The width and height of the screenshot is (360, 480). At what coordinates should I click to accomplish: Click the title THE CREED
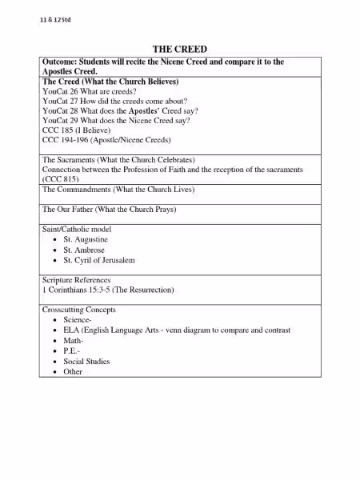click(179, 50)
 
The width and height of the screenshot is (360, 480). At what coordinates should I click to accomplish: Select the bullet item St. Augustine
click(86, 240)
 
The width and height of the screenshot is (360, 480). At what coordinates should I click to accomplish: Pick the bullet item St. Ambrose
click(83, 250)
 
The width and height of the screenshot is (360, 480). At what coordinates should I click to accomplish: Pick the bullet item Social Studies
click(86, 362)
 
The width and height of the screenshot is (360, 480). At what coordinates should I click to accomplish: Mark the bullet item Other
click(73, 372)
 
